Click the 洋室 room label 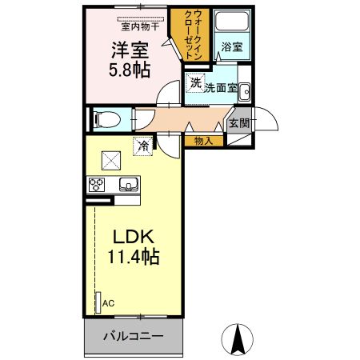click(127, 50)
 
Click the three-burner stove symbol click(97, 185)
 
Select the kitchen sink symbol click(129, 185)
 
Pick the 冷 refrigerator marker click(142, 146)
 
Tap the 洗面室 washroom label click(221, 88)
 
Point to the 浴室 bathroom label click(233, 47)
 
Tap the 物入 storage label click(203, 141)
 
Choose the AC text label click(108, 302)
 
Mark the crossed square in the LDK click(110, 160)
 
